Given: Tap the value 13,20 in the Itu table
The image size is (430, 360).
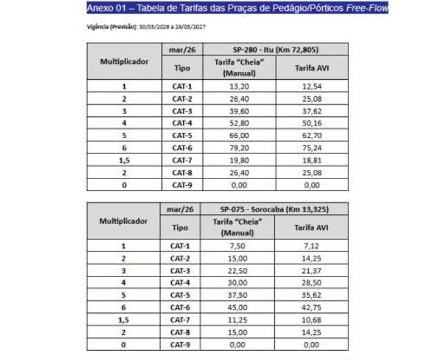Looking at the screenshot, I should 238,86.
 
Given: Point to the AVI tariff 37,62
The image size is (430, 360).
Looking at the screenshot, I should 311,111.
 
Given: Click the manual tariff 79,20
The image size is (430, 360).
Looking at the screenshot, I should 238,147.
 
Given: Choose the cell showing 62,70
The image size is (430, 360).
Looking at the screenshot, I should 311,135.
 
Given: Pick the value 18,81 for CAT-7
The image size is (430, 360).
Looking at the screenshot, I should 311,160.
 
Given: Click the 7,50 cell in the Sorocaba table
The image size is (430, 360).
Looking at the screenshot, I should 238,246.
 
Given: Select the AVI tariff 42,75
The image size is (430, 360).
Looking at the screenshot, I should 311,308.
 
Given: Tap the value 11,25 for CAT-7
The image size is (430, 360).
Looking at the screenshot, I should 238,320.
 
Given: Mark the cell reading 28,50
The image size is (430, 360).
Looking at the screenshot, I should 311,283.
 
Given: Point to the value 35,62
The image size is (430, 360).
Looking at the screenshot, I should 311,295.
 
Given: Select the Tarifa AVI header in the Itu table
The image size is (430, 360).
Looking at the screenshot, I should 311,67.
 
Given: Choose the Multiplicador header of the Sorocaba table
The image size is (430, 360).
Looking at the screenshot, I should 123,221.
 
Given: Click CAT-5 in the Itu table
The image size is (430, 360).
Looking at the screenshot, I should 182,135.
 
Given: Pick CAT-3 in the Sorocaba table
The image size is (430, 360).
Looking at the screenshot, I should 180,270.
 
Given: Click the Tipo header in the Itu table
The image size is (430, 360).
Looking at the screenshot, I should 182,68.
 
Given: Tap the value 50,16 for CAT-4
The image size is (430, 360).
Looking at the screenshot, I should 311,123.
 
